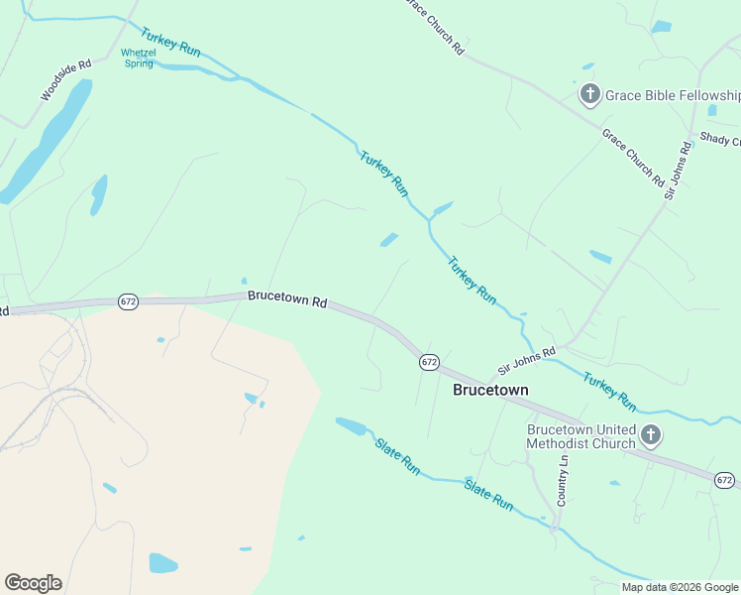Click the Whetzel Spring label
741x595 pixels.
pos(138,58)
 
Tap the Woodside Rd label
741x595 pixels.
pos(66,79)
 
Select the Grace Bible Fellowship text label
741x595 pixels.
pos(672,96)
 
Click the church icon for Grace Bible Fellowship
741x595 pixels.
pos(589,95)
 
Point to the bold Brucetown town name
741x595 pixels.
pos(490,390)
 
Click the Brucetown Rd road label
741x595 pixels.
pos(287,297)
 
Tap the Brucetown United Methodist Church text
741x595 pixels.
pos(581,436)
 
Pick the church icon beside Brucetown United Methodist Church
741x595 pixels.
pos(650,434)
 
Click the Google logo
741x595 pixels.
pos(33,583)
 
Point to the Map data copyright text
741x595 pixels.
pos(681,587)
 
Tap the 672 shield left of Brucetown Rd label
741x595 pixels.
pos(128,300)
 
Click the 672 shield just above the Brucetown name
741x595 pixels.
pos(428,362)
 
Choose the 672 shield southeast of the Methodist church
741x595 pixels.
pos(725,480)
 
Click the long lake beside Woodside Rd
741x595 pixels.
pos(48,140)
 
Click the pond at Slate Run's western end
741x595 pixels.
pos(351,426)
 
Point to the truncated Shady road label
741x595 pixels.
pos(720,140)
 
